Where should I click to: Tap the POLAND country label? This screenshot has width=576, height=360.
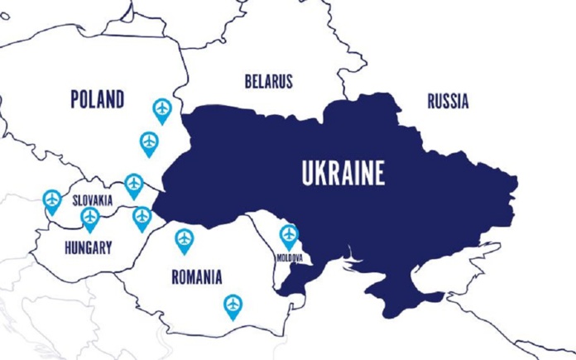click(x=98, y=100)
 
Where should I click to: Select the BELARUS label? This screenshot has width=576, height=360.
click(x=268, y=82)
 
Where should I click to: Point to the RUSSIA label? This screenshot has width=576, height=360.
click(x=448, y=102)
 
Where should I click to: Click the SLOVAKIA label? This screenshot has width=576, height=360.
click(x=92, y=201)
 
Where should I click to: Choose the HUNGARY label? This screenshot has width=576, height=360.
click(x=88, y=246)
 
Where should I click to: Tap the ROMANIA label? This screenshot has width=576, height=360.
click(x=197, y=276)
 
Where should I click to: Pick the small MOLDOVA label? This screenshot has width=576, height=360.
click(x=289, y=258)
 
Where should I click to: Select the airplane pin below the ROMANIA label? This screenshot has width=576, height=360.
click(x=233, y=305)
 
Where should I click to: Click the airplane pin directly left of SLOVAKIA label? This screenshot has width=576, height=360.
click(x=52, y=200)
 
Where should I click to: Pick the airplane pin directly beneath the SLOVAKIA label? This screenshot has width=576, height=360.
click(x=90, y=218)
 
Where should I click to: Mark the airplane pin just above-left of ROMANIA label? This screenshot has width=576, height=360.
click(x=185, y=239)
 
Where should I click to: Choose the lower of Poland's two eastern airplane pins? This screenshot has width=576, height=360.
click(x=149, y=142)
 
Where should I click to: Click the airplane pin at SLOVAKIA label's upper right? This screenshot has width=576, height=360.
click(x=134, y=184)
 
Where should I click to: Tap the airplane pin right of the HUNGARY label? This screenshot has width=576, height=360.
click(x=142, y=218)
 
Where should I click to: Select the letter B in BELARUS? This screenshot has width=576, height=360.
click(x=248, y=82)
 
